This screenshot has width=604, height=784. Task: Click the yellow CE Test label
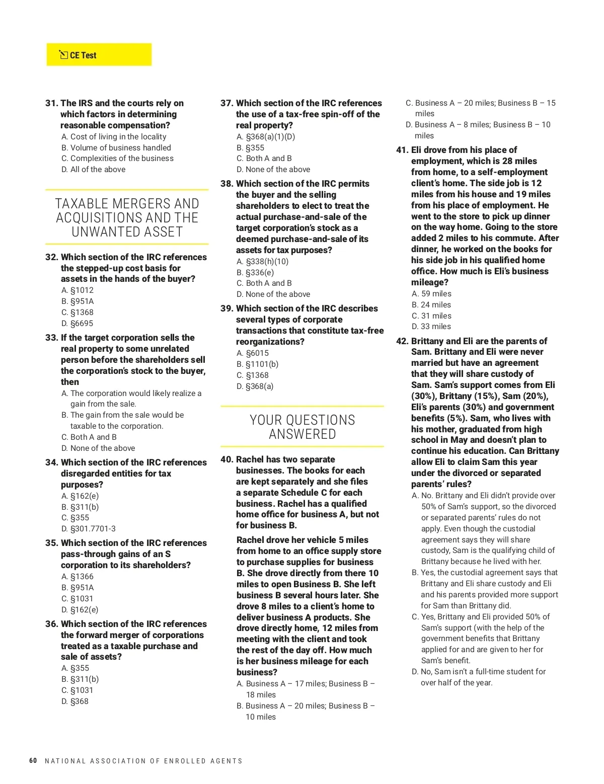click(x=99, y=55)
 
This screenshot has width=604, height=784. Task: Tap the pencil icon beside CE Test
click(x=63, y=55)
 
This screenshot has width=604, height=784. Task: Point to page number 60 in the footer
click(x=33, y=760)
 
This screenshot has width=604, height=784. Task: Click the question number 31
click(x=51, y=103)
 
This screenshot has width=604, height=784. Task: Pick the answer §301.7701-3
click(x=93, y=529)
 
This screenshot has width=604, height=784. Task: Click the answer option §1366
click(x=82, y=577)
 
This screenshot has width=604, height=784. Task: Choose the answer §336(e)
click(x=260, y=273)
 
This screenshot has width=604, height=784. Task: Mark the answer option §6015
click(x=257, y=353)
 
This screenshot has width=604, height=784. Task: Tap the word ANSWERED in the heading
click(x=303, y=434)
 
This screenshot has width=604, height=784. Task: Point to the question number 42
click(x=402, y=341)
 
